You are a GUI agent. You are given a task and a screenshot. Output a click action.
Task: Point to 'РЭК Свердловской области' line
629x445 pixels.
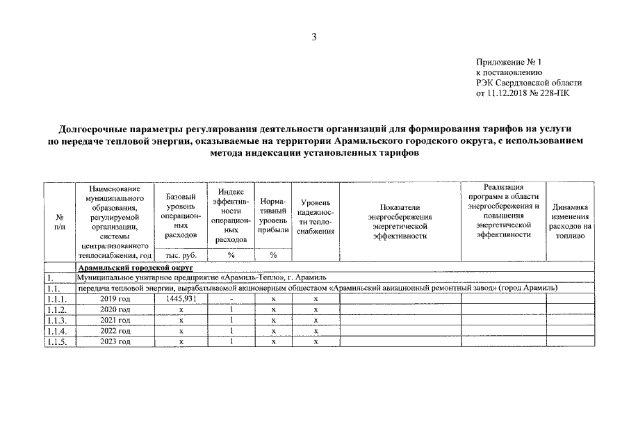click(528, 82)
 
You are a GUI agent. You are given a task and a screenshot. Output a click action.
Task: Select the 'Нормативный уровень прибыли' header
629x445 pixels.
click(273, 216)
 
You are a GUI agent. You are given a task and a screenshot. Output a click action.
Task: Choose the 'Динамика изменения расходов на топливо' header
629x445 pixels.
click(570, 221)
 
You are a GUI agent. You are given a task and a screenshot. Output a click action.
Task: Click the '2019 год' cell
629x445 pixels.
click(115, 299)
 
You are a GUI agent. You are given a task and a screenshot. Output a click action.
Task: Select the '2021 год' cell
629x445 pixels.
click(115, 321)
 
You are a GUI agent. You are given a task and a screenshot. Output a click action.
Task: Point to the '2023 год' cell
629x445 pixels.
click(115, 342)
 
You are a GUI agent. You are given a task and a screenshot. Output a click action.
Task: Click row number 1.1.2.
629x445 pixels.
click(58, 310)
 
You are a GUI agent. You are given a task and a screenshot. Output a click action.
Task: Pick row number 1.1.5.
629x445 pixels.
click(58, 342)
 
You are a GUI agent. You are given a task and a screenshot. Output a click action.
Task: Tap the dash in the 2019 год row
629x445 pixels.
click(230, 299)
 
